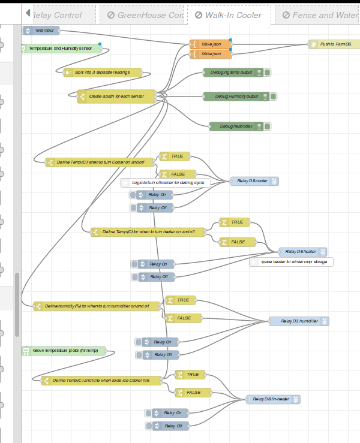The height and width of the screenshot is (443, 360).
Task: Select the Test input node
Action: (44, 29)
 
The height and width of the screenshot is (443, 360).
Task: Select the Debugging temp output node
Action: (231, 72)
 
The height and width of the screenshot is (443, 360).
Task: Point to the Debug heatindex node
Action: (235, 126)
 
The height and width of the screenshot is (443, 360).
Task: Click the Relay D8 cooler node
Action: (254, 181)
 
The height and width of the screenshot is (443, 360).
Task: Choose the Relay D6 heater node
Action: (302, 252)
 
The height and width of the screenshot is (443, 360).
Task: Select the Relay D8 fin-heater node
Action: (272, 399)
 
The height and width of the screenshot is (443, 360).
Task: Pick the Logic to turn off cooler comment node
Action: (168, 183)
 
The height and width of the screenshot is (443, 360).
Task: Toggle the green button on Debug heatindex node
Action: (268, 126)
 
